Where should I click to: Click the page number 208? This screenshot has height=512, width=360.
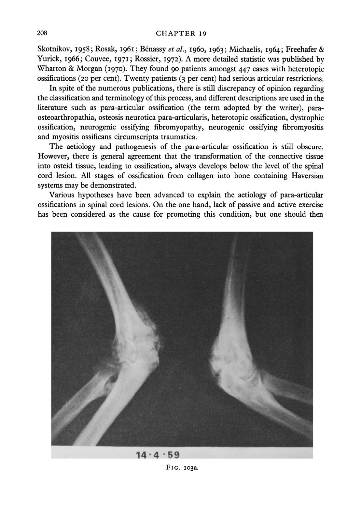[x=43, y=33]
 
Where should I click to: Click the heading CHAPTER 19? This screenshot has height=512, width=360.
[x=182, y=33]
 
